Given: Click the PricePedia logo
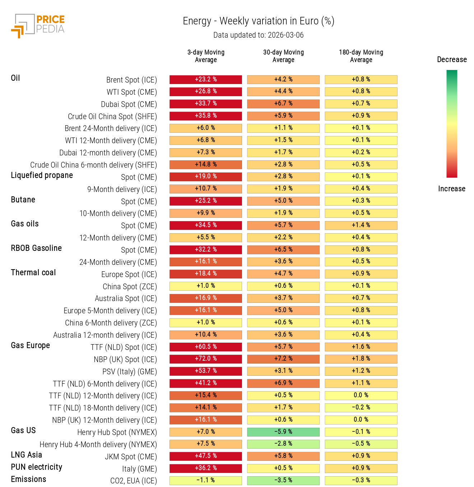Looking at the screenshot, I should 38,25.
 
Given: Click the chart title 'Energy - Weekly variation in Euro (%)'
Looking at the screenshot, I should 258,21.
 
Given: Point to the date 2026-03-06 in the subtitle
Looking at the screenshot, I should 285,35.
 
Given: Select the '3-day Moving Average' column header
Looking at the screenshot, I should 206,56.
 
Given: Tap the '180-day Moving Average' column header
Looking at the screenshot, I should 361,56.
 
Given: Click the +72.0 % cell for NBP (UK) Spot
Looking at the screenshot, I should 206,359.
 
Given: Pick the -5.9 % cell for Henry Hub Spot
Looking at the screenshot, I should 283,432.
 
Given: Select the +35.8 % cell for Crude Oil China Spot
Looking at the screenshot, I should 206,116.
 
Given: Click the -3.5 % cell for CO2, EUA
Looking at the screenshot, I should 283,480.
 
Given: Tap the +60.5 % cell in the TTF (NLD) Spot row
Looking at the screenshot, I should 206,347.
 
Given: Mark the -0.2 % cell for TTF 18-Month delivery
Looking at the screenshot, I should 361,407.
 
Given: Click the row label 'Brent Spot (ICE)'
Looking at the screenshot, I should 131,80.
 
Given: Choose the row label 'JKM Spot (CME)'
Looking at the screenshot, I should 131,457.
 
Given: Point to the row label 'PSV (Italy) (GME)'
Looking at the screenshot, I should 130,372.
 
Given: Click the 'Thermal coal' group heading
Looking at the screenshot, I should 33,273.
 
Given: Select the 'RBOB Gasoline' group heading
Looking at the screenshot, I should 36,248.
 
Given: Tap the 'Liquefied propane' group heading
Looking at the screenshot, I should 42,175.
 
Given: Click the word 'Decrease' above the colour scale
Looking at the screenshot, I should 452,60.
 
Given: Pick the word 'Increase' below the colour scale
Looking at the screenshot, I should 451,189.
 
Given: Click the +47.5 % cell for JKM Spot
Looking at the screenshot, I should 206,456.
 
